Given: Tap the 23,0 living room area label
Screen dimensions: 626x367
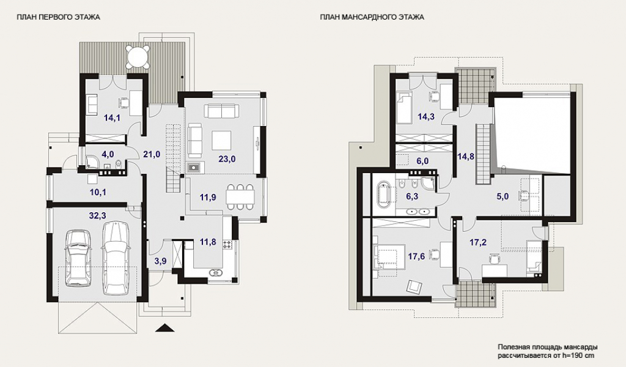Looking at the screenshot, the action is coord(227,159).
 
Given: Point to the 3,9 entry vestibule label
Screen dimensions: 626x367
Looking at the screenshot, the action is coord(161,262).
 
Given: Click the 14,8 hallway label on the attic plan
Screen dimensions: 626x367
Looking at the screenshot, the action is coord(466,157).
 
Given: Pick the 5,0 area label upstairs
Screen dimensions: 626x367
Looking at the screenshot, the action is coord(503,196).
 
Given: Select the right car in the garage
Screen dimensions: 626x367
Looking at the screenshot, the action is coord(116,258).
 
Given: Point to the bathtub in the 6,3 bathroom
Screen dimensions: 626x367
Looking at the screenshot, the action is coord(385,195).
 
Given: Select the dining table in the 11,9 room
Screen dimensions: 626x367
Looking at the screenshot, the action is coord(240,196).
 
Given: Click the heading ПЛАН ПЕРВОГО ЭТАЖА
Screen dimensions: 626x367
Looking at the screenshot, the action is coord(58,17).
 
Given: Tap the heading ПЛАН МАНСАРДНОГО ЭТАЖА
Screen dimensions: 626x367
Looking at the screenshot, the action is coord(372,17).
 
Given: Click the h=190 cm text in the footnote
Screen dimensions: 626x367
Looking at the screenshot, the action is coord(578,355).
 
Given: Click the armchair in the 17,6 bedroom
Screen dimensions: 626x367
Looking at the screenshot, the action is coord(414,286).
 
